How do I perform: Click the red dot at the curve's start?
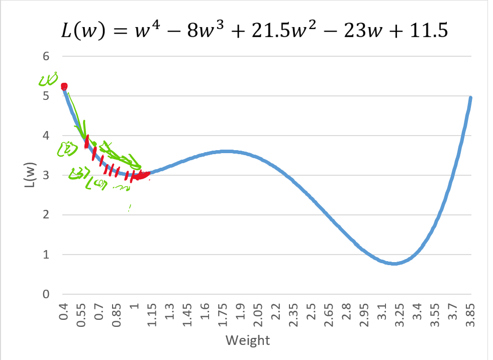pos(64,87)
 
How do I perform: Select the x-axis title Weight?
pos(248,340)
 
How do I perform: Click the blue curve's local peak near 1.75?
pos(226,151)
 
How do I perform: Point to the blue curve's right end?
pos(471,98)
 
